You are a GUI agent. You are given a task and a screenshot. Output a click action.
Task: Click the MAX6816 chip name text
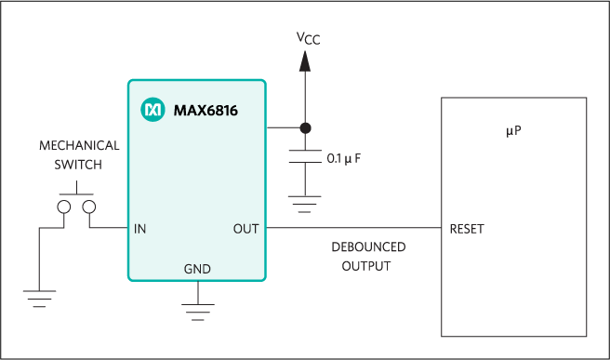click(x=205, y=111)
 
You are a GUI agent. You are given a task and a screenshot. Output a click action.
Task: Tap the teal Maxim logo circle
click(x=152, y=110)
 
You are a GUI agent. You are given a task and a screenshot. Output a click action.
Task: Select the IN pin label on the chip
click(x=139, y=229)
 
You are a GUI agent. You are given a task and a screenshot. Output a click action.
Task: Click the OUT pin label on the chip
click(x=245, y=229)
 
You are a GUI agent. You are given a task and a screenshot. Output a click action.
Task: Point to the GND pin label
click(x=197, y=270)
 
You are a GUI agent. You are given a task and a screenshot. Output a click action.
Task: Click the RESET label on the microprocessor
click(x=467, y=229)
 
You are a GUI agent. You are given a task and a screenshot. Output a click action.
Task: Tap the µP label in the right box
click(x=513, y=131)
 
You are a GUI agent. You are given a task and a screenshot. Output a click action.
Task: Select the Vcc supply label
click(x=308, y=38)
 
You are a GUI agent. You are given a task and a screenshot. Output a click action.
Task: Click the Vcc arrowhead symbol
click(x=303, y=60)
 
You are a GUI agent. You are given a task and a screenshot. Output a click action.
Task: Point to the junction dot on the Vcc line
click(x=304, y=127)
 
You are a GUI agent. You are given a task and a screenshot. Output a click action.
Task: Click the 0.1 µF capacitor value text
click(x=343, y=159)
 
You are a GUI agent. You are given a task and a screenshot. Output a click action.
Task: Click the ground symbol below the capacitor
click(x=304, y=202)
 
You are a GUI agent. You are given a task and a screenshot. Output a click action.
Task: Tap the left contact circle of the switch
click(x=64, y=207)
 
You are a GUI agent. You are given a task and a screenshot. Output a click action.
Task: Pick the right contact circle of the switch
click(x=89, y=207)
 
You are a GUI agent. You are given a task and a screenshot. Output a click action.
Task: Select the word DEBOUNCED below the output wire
click(x=368, y=247)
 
